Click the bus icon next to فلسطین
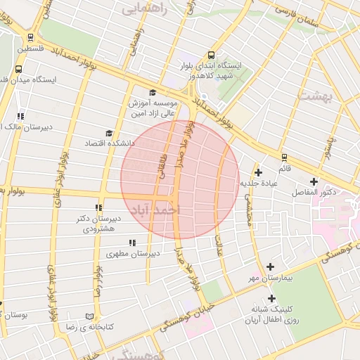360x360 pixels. point(30,37)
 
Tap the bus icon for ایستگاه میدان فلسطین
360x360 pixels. point(18,70)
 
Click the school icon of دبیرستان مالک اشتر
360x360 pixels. point(20,115)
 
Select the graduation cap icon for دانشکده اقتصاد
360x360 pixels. point(108,133)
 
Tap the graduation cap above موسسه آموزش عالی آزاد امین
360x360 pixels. point(153,92)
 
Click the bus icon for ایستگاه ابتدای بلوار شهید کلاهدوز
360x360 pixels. point(211,55)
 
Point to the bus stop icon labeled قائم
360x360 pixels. point(284,157)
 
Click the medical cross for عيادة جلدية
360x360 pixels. point(258,172)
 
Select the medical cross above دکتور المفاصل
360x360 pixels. point(314,181)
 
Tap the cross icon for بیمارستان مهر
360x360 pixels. point(271,266)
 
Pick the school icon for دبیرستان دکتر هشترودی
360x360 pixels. point(98,207)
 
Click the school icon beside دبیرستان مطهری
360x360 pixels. point(132,243)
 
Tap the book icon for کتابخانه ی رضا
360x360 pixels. point(89,317)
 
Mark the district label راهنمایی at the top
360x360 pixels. point(145,8)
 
